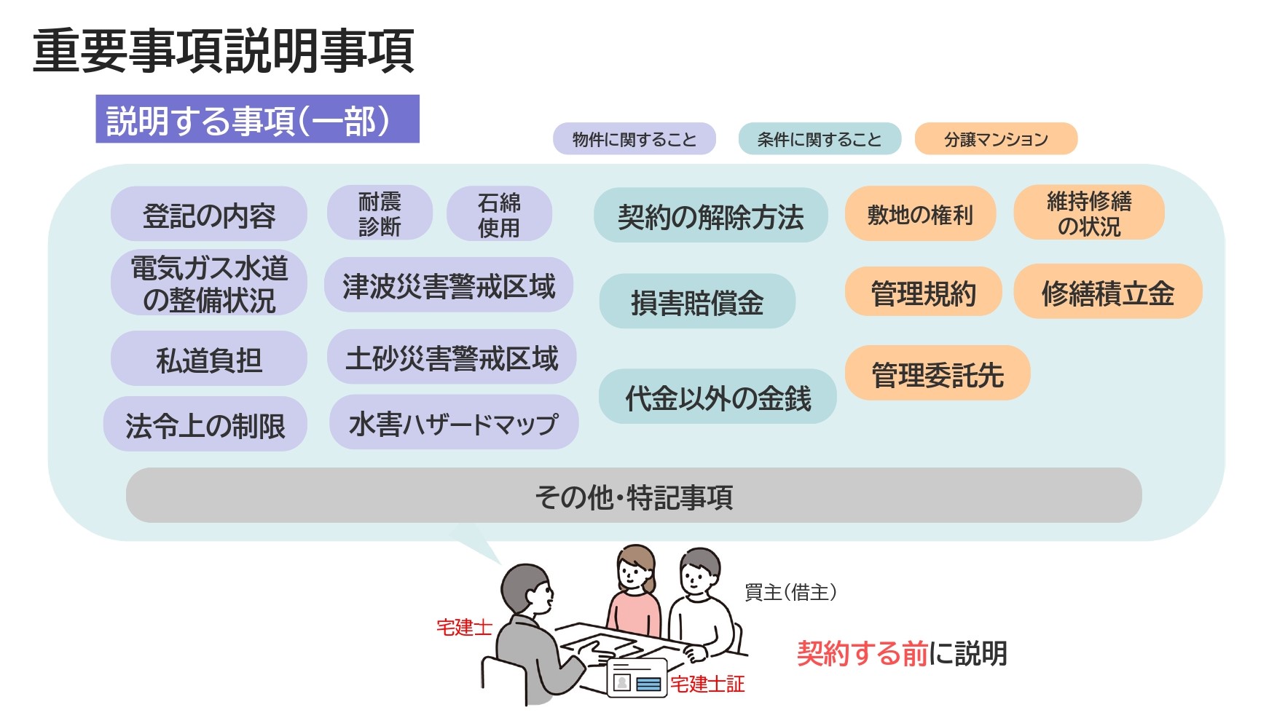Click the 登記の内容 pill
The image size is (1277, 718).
point(209,214)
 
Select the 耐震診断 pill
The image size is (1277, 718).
point(380,213)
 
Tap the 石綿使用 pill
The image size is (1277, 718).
point(499,214)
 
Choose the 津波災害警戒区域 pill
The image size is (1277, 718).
point(449,285)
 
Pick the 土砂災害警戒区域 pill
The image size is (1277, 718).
point(452,358)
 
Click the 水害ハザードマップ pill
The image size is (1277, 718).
point(454,422)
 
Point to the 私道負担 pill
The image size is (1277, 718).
point(209,359)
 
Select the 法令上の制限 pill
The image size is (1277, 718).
point(205,425)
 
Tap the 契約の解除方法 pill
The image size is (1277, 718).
point(710,216)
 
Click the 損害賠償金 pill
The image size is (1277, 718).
point(697,301)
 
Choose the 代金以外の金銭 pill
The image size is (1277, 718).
point(718,397)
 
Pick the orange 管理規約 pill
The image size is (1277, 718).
point(923,292)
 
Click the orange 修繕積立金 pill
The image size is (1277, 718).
point(1107,292)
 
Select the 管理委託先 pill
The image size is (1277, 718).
point(938,374)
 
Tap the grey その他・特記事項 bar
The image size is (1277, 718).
point(634,496)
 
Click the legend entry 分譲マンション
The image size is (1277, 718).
point(996,139)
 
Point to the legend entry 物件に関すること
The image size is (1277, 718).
point(634,139)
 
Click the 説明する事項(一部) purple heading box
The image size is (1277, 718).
point(257,119)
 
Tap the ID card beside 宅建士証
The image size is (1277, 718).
point(637,679)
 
